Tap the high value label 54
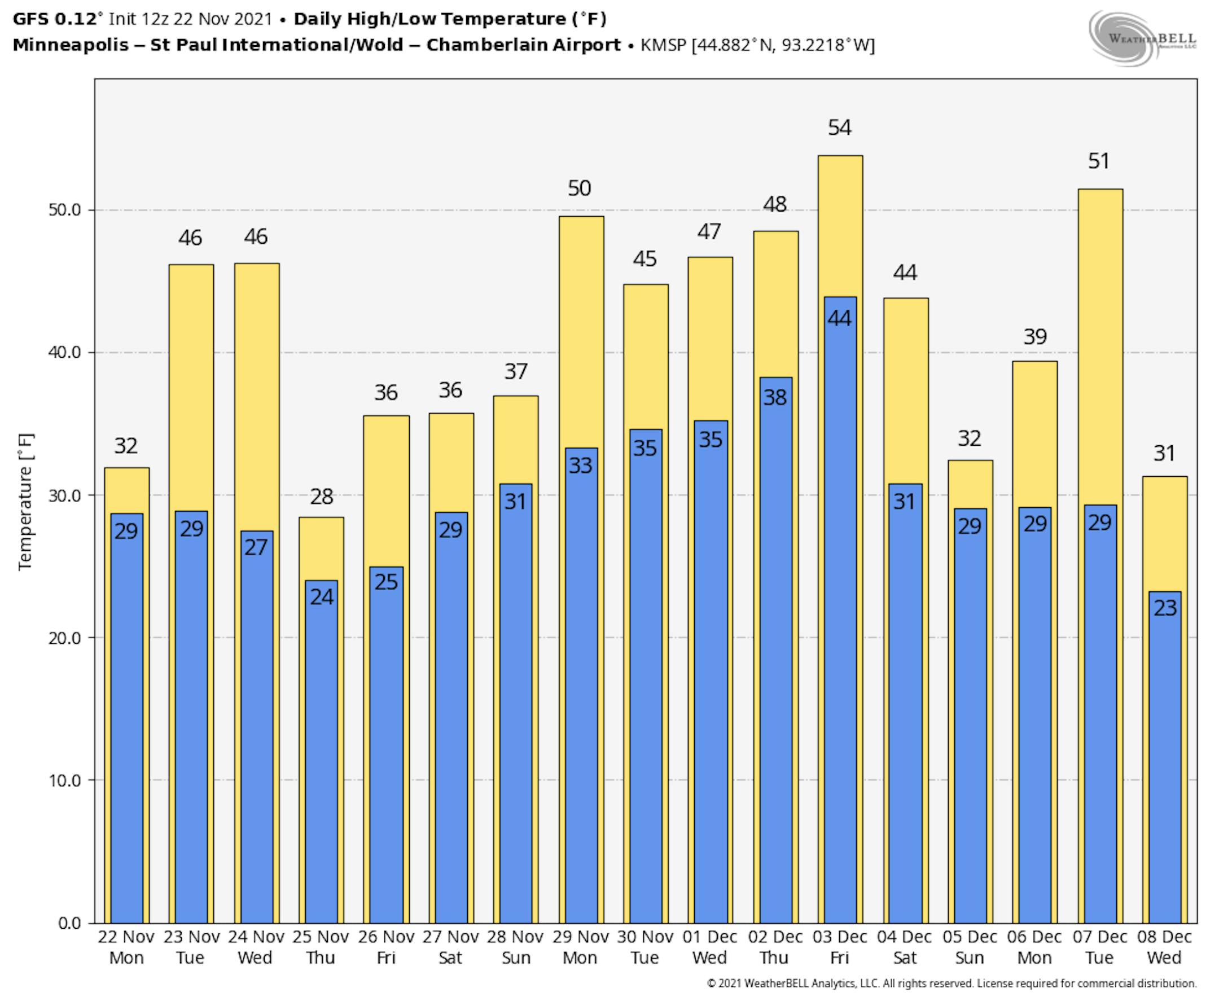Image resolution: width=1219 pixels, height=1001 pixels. click(840, 128)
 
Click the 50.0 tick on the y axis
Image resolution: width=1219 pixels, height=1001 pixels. click(64, 210)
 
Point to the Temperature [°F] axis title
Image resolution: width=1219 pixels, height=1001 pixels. click(26, 502)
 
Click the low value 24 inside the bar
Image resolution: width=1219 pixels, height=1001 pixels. click(321, 597)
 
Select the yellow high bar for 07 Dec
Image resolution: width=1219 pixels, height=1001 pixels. click(1100, 346)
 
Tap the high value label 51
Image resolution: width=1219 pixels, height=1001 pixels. click(1098, 161)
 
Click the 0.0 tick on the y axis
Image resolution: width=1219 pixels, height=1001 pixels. click(69, 923)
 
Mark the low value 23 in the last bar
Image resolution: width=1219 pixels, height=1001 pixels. click(1165, 608)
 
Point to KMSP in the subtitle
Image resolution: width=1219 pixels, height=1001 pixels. click(663, 45)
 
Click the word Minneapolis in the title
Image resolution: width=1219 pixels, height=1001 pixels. click(71, 45)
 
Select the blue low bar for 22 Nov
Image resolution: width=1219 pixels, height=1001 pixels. click(126, 721)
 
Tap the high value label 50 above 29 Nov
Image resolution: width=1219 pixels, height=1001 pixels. click(579, 188)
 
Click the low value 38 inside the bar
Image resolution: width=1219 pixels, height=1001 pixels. click(774, 397)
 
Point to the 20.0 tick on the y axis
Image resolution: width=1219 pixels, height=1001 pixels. click(64, 638)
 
